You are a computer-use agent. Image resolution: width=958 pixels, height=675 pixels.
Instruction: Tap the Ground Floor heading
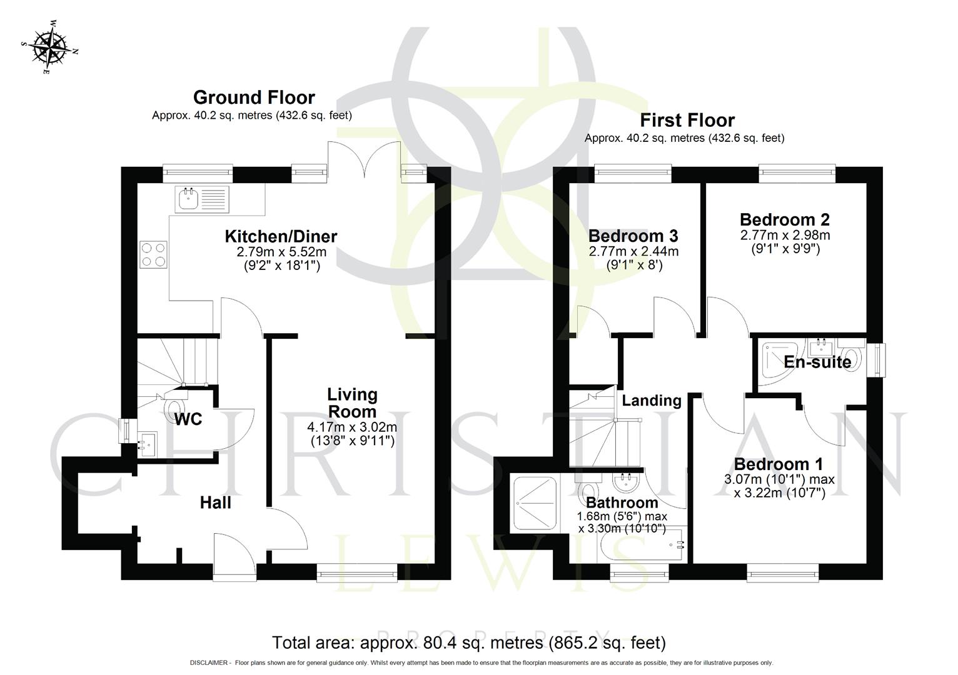[254, 97]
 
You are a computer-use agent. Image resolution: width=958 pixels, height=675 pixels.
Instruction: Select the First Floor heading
[687, 120]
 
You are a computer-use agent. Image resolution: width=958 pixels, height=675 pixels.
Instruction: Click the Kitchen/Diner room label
[281, 236]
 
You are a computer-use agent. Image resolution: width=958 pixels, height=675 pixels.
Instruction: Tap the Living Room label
[352, 403]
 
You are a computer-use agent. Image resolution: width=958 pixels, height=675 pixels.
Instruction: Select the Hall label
[216, 502]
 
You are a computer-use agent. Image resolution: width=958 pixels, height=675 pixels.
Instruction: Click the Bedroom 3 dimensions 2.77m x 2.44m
[633, 252]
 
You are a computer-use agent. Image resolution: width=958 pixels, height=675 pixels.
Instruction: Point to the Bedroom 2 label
[784, 220]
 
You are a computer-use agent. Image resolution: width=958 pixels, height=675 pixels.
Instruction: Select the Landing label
[652, 401]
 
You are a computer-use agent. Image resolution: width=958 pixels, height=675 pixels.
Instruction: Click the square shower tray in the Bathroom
[535, 504]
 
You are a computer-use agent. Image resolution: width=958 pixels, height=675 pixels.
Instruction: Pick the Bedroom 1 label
[778, 464]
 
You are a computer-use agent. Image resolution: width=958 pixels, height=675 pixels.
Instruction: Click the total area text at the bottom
[469, 642]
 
